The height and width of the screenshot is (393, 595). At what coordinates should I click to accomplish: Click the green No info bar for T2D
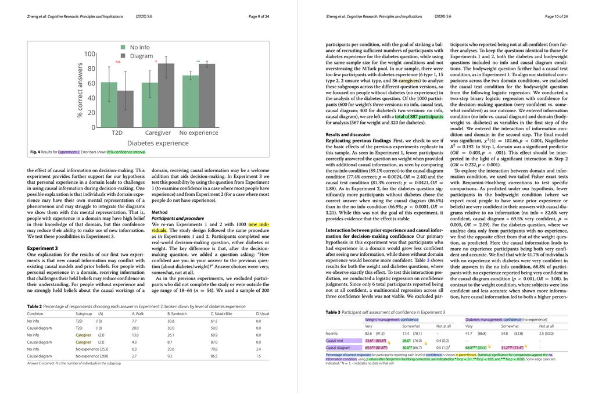[109, 105]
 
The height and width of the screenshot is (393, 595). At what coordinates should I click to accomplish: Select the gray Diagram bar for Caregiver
[166, 95]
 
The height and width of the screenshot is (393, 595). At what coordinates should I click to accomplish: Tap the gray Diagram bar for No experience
[207, 95]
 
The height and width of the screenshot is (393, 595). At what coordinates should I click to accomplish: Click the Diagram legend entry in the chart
[141, 56]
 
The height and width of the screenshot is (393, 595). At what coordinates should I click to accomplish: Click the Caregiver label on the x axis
[157, 133]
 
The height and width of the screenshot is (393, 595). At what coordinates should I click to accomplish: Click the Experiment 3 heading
[42, 248]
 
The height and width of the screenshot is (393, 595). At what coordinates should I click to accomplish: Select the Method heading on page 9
[159, 212]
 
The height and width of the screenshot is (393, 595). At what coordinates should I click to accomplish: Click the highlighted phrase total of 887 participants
[418, 116]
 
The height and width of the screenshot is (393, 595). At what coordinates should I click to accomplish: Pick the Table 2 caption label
[34, 306]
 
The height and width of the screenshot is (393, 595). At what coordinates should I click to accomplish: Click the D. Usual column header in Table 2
[263, 314]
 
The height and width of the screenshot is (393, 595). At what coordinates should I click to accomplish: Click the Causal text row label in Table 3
[334, 340]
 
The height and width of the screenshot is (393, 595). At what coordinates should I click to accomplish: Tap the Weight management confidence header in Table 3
[391, 320]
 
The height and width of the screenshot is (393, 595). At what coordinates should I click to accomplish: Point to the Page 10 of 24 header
[556, 16]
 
